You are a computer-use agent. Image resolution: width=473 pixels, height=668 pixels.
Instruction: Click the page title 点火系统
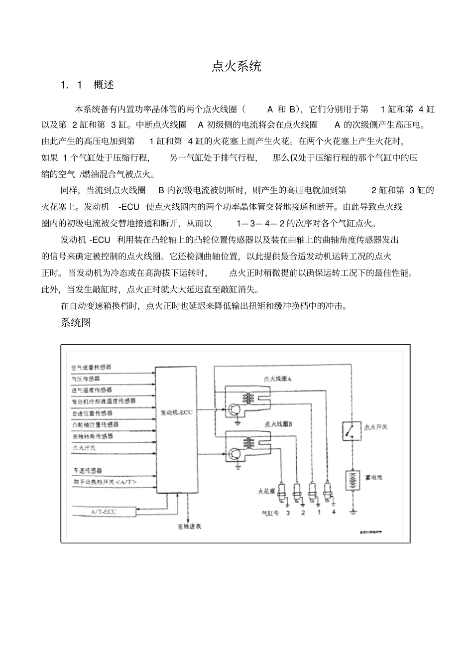click(x=236, y=66)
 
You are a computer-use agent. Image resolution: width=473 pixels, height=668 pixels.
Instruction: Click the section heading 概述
click(x=104, y=85)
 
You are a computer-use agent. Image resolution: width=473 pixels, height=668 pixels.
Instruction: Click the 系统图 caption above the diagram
click(x=76, y=322)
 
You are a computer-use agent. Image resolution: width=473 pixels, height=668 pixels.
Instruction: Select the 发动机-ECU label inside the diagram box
click(x=176, y=412)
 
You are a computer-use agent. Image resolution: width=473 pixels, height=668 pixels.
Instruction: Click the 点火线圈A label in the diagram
click(x=278, y=379)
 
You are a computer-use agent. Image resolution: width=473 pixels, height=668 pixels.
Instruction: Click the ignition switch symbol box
click(x=352, y=430)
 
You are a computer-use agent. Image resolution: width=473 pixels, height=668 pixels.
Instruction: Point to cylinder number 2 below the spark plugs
click(x=303, y=513)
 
